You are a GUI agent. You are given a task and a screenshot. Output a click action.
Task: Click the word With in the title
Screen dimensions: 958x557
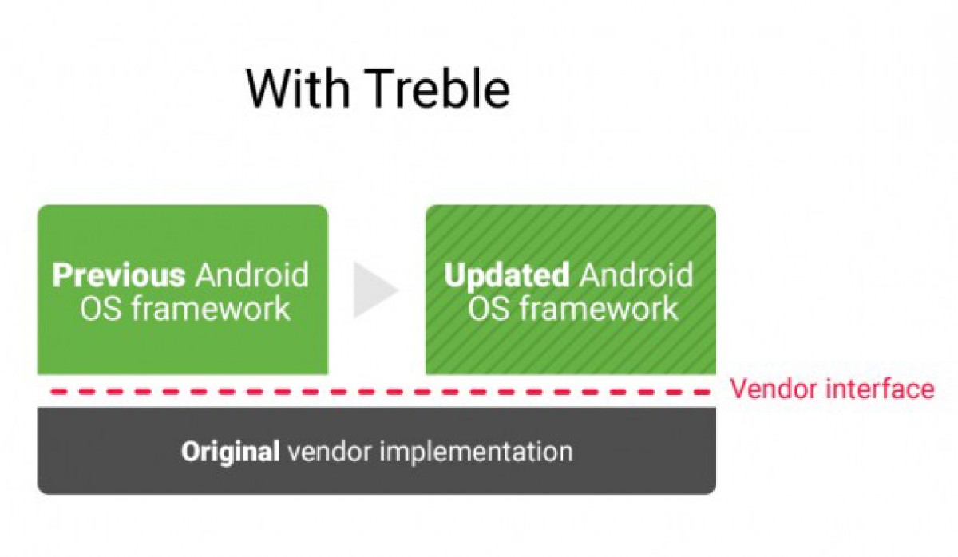pos(298,89)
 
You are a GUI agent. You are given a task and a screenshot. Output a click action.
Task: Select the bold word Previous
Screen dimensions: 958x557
pos(118,275)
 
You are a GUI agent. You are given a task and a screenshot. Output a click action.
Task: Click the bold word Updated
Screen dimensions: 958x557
pos(506,276)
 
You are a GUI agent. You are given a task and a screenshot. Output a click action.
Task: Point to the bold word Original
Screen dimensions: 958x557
pos(230,452)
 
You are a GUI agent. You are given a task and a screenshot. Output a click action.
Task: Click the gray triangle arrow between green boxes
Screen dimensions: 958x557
pos(375,290)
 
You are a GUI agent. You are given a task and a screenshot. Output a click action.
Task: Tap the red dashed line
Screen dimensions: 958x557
pos(379,391)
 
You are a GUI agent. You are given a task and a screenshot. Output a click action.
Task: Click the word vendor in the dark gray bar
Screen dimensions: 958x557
pos(329,452)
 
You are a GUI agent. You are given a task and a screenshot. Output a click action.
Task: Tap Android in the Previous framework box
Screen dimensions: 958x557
pos(251,275)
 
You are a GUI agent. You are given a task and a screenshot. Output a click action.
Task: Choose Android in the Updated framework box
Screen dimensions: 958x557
pos(635,275)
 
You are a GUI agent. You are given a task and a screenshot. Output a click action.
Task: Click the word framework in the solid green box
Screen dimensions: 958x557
pos(211,309)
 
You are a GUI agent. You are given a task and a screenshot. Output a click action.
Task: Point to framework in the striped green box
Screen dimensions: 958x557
pos(599,309)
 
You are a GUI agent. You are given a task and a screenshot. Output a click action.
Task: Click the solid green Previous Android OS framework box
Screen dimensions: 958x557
pos(183,290)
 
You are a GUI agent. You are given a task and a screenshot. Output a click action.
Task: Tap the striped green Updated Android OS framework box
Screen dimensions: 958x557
pos(571,290)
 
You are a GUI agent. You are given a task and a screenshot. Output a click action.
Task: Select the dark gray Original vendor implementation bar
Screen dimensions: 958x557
pos(377,451)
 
